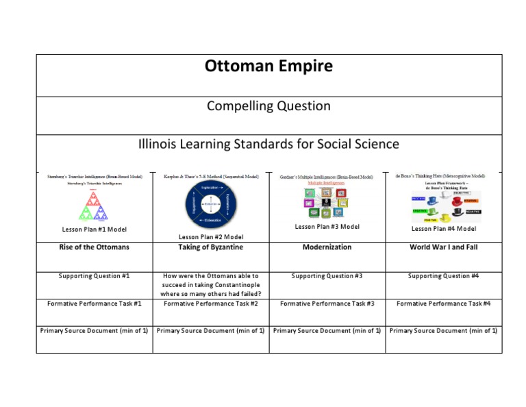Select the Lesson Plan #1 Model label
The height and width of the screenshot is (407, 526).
pyautogui.click(x=95, y=229)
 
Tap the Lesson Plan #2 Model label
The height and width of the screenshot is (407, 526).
pyautogui.click(x=211, y=237)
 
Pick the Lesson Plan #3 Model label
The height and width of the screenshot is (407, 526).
pyautogui.click(x=327, y=227)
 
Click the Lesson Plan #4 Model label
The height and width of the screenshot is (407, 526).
pyautogui.click(x=444, y=229)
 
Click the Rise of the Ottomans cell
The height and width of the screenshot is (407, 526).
pyautogui.click(x=95, y=247)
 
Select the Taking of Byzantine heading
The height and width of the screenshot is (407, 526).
pyautogui.click(x=211, y=247)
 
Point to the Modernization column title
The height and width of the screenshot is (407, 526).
pyautogui.click(x=327, y=247)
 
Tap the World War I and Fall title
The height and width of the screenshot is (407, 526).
pyautogui.click(x=444, y=247)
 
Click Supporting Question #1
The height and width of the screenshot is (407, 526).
pyautogui.click(x=95, y=276)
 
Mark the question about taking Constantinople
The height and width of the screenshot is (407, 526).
pyautogui.click(x=211, y=284)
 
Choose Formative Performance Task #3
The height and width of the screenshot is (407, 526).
pyautogui.click(x=327, y=303)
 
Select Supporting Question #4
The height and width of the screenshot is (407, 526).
pyautogui.click(x=444, y=276)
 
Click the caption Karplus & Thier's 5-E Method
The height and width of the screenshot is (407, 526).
pyautogui.click(x=211, y=176)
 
